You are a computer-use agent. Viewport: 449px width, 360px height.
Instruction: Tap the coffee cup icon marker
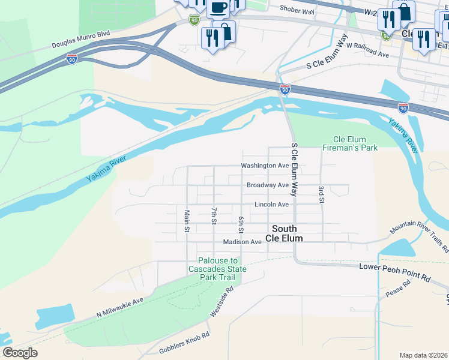(218, 8)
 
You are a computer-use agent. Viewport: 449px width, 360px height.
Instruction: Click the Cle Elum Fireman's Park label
(349, 143)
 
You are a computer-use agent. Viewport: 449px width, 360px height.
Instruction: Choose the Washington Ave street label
(265, 166)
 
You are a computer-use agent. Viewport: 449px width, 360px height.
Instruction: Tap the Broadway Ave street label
(267, 185)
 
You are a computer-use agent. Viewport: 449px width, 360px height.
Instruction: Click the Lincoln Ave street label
(271, 205)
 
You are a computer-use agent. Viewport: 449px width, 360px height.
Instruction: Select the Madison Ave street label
(242, 242)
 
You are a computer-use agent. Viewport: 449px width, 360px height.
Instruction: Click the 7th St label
(214, 217)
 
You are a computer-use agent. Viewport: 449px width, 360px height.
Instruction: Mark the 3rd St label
(322, 195)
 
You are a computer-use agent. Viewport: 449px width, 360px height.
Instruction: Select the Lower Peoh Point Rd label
(395, 272)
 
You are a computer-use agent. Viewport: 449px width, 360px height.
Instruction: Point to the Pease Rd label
(396, 290)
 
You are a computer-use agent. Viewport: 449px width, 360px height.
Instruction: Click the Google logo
(20, 352)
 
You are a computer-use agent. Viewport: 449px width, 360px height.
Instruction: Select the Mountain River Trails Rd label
(418, 235)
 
